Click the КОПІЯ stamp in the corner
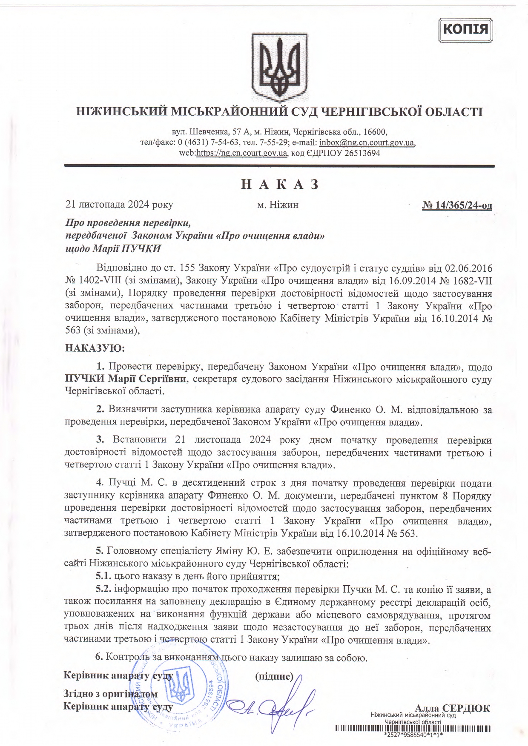(x=465, y=30)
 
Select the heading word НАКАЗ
(x=280, y=184)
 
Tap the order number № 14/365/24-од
(x=457, y=205)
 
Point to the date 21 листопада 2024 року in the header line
(x=119, y=205)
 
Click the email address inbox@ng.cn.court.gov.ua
(x=367, y=142)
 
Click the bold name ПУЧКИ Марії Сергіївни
(x=126, y=379)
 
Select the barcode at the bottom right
(x=413, y=729)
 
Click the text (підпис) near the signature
(x=274, y=676)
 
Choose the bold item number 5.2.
(x=103, y=589)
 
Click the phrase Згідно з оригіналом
(x=110, y=694)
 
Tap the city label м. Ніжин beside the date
(x=278, y=205)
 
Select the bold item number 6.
(x=99, y=657)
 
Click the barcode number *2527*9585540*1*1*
(x=413, y=735)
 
